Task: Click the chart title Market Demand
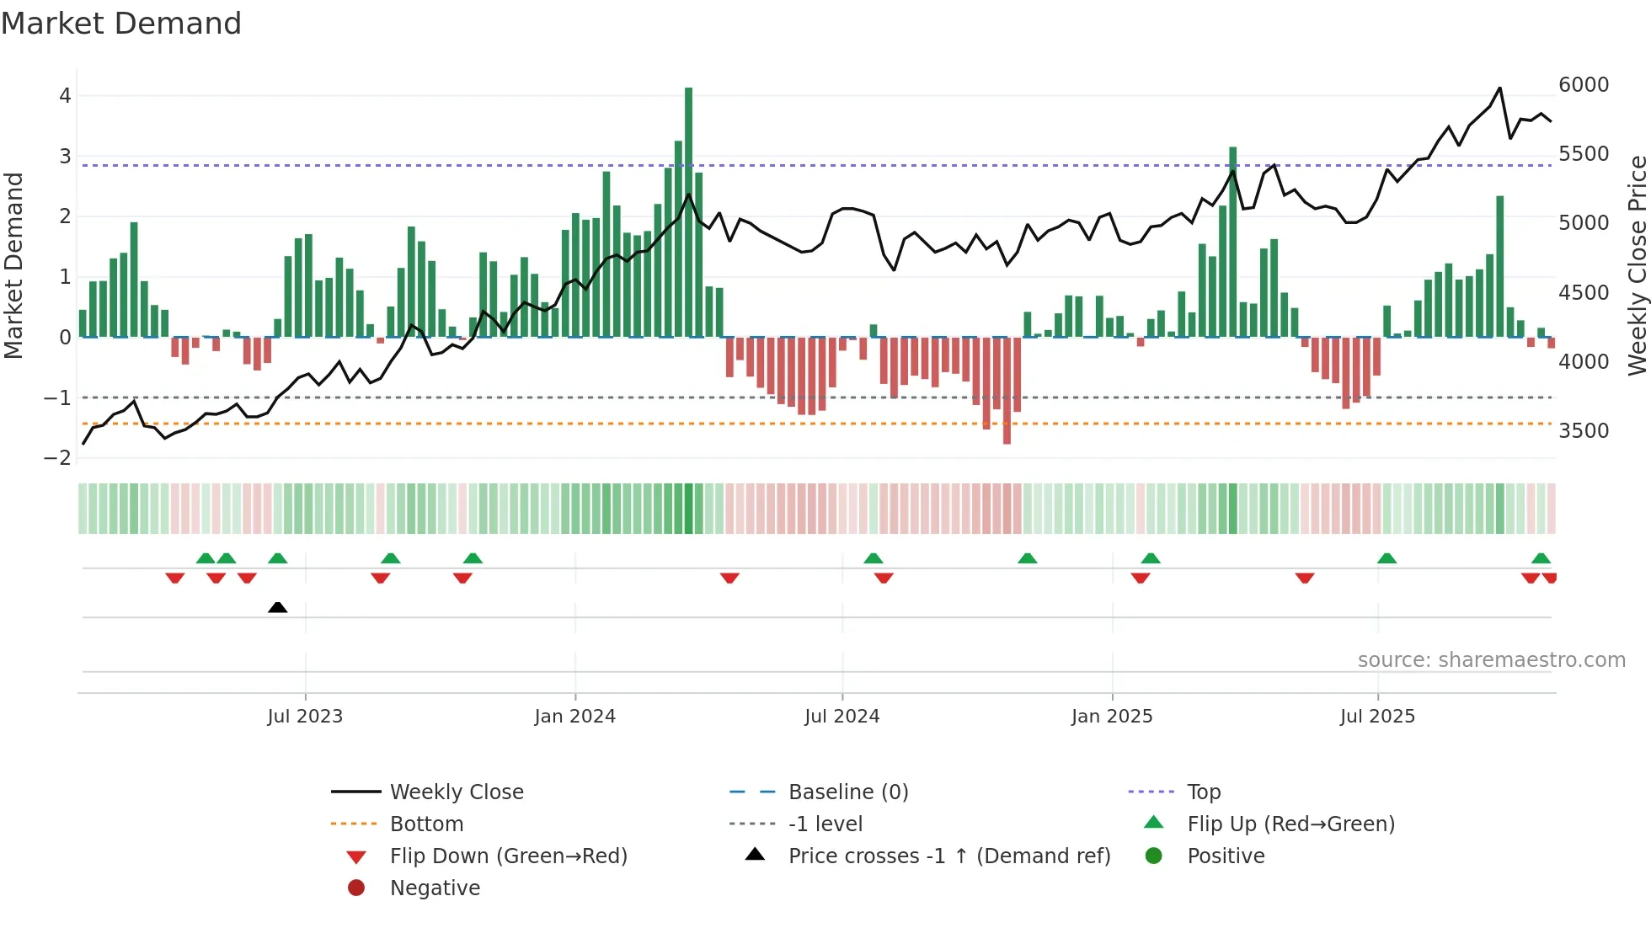click(x=121, y=24)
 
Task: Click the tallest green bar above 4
click(x=688, y=211)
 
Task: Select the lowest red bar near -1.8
click(x=1007, y=392)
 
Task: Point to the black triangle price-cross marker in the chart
click(x=277, y=607)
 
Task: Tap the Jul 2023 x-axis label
click(x=305, y=717)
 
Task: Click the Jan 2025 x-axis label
click(x=1112, y=717)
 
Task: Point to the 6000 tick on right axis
click(x=1584, y=85)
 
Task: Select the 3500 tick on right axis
click(x=1584, y=431)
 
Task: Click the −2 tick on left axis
click(x=58, y=458)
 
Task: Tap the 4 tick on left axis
click(x=65, y=96)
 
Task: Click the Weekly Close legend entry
click(x=456, y=792)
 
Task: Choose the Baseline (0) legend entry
click(x=847, y=792)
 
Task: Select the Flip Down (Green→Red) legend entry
click(x=508, y=856)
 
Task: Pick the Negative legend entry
click(x=435, y=888)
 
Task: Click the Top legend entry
click(x=1203, y=792)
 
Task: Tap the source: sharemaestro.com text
click(x=1491, y=660)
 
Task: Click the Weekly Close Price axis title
click(x=1637, y=265)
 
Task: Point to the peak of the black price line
click(x=1499, y=88)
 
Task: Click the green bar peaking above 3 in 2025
click(x=1232, y=244)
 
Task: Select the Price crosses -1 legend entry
click(x=948, y=856)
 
